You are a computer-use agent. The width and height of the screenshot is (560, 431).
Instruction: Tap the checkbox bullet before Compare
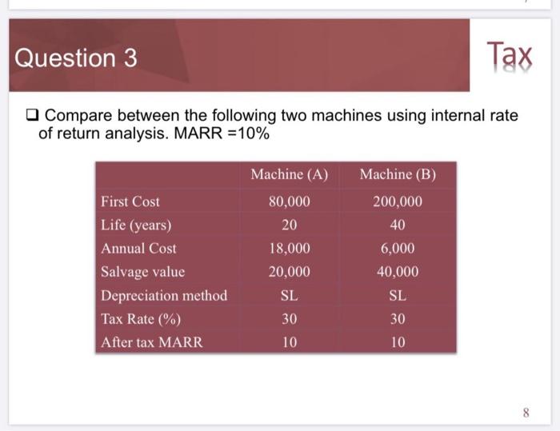pyautogui.click(x=30, y=116)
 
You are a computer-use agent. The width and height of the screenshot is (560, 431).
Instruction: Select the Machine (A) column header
pyautogui.click(x=290, y=174)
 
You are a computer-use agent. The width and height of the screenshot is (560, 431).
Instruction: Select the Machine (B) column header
pyautogui.click(x=398, y=174)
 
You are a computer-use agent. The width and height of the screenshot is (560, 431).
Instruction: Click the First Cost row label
pyautogui.click(x=130, y=202)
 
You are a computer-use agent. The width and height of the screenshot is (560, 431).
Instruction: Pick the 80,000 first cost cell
pyautogui.click(x=290, y=202)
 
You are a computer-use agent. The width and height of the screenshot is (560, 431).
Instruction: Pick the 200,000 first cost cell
pyautogui.click(x=398, y=202)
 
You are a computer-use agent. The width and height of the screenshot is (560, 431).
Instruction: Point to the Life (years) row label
pyautogui.click(x=136, y=225)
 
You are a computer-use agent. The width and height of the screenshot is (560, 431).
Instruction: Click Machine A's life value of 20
pyautogui.click(x=290, y=225)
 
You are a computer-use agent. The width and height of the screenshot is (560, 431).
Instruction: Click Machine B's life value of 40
pyautogui.click(x=398, y=225)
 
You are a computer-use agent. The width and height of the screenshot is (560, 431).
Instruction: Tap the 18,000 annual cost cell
pyautogui.click(x=290, y=249)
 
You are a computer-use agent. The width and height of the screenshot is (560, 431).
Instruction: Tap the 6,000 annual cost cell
pyautogui.click(x=398, y=249)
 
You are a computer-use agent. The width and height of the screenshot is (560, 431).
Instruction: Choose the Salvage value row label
pyautogui.click(x=143, y=272)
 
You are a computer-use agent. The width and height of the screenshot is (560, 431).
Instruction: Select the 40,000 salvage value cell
pyautogui.click(x=398, y=272)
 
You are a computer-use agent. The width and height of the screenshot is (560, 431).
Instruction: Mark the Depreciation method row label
pyautogui.click(x=164, y=296)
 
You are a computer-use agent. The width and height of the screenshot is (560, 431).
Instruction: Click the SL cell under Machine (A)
pyautogui.click(x=290, y=296)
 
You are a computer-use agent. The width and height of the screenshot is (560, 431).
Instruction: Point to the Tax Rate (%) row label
pyautogui.click(x=141, y=319)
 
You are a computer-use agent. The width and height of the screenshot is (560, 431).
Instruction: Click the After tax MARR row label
pyautogui.click(x=152, y=342)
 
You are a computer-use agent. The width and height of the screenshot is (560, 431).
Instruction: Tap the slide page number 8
pyautogui.click(x=526, y=413)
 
